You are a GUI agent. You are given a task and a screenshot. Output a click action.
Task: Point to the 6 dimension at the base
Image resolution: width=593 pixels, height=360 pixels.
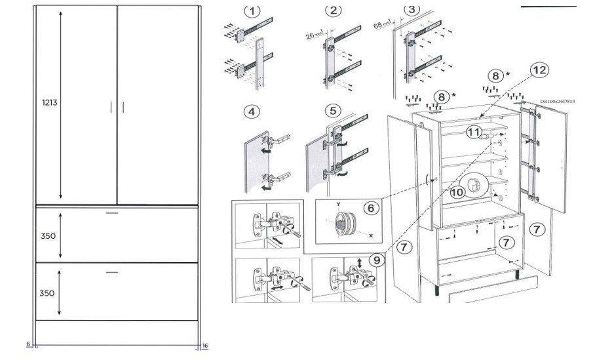coord(29,344)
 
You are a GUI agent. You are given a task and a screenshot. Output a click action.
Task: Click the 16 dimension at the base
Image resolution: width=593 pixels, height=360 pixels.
coord(205,345)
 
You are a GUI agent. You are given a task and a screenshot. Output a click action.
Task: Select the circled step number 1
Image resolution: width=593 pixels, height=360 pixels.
coord(252,10)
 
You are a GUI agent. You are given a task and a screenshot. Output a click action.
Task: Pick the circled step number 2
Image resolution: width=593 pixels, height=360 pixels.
coord(334,10)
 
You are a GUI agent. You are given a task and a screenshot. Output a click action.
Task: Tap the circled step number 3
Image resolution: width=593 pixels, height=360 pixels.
coord(411,9)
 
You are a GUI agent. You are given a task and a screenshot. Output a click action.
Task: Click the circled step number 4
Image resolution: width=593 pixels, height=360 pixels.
coord(251,111)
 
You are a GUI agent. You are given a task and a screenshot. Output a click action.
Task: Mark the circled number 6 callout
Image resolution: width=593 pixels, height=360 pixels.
coord(370,207)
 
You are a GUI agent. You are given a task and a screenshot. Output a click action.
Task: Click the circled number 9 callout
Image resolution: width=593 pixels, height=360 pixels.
coord(377,260)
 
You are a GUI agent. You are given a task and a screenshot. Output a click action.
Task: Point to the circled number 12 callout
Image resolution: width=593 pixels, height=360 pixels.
coord(539,69)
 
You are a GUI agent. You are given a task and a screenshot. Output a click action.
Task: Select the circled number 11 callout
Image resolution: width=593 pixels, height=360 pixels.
coord(474,132)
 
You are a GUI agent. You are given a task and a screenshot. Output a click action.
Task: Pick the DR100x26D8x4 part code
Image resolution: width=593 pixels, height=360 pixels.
coord(557,102)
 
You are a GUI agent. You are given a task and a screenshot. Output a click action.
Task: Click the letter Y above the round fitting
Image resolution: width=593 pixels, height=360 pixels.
coord(339,204)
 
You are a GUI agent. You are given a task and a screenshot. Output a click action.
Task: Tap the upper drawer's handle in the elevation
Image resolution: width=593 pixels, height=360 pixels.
coord(112,214)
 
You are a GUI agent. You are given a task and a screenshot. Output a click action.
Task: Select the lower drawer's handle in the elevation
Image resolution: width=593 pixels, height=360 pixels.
coord(112,271)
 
